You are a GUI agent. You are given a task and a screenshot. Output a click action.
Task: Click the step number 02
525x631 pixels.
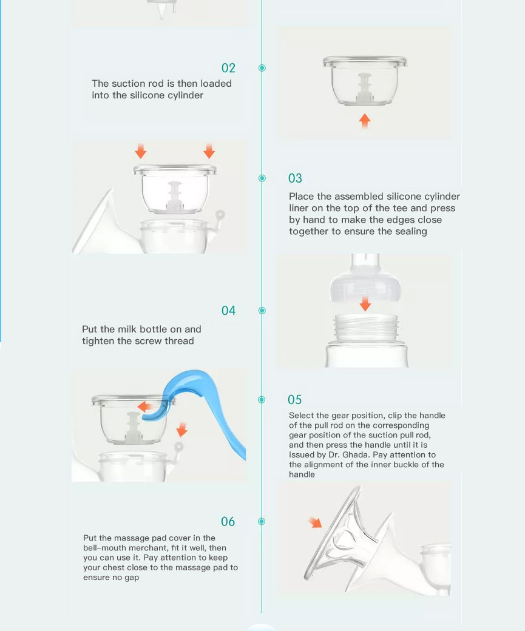[228, 68]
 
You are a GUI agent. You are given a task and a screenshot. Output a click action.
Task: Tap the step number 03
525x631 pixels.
[295, 178]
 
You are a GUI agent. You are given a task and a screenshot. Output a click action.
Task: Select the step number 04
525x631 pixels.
[228, 311]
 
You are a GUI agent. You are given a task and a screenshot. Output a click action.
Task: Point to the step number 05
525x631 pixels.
[295, 400]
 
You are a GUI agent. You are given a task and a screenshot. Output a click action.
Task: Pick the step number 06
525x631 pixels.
[228, 522]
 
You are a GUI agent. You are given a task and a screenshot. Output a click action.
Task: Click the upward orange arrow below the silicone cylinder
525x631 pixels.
[365, 120]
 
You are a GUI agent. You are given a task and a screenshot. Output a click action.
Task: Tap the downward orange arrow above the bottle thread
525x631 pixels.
[365, 304]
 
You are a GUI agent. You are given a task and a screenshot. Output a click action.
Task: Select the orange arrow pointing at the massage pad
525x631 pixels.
[315, 522]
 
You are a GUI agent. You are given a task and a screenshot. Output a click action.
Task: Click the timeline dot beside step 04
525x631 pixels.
[262, 311]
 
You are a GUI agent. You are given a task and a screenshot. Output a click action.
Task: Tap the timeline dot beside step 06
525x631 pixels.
[262, 522]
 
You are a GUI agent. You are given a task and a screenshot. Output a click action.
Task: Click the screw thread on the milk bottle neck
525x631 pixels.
[367, 327]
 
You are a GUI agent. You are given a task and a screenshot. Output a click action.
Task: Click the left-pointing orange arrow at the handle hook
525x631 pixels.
[145, 407]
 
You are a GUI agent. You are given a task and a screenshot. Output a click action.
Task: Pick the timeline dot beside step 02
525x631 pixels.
[262, 68]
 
